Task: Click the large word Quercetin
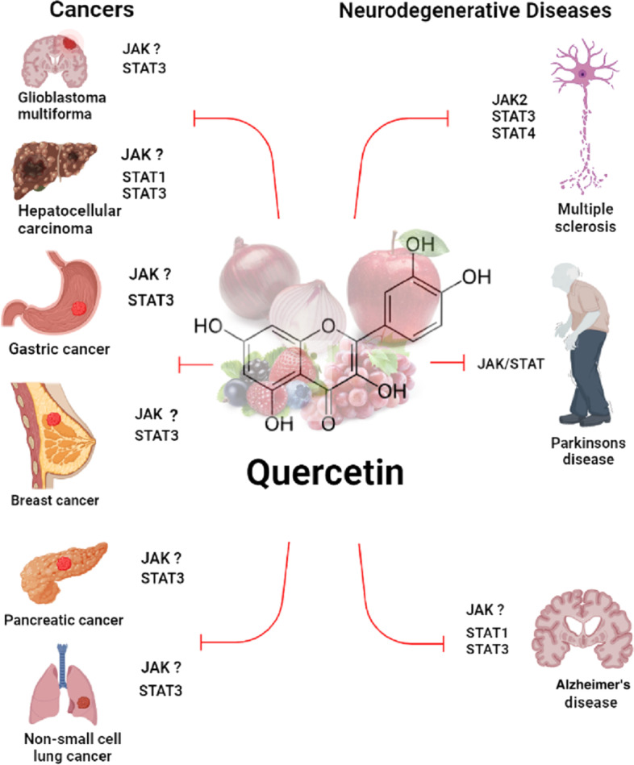point(326,471)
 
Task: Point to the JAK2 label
point(508,101)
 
